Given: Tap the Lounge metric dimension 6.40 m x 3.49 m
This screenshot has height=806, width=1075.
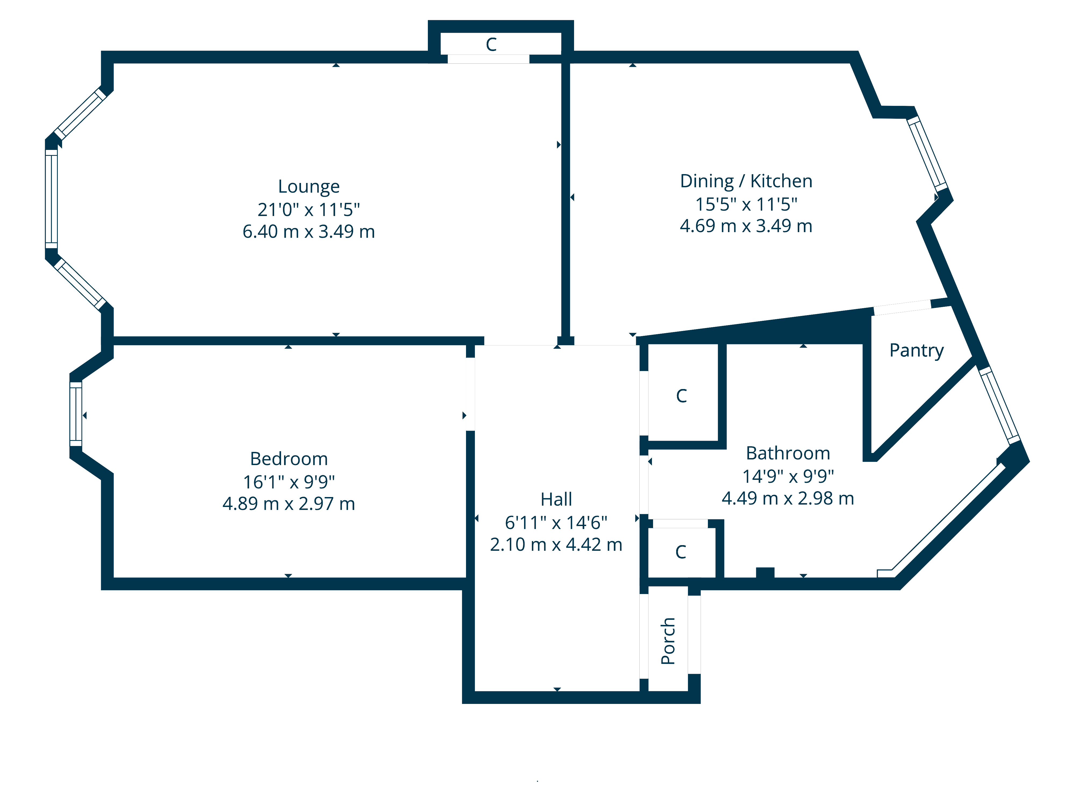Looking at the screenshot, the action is click(309, 232).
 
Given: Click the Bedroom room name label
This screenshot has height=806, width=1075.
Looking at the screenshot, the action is click(289, 459).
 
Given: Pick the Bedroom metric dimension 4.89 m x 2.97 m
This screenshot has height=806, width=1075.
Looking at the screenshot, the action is click(289, 504).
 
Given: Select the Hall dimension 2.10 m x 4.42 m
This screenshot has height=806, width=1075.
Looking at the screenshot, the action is click(557, 545).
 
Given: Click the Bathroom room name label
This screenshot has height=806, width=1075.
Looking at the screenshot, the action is click(788, 453).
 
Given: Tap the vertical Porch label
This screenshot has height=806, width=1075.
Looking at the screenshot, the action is click(668, 641).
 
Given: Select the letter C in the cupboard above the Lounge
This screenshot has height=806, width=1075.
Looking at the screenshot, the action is click(491, 45).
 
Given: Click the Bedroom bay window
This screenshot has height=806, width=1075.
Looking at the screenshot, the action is click(76, 414).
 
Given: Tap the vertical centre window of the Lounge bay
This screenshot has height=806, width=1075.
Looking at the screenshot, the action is click(52, 199).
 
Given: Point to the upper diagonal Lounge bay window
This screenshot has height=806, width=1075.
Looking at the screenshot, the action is click(80, 114).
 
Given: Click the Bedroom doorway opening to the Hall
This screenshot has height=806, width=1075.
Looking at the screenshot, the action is click(470, 394).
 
